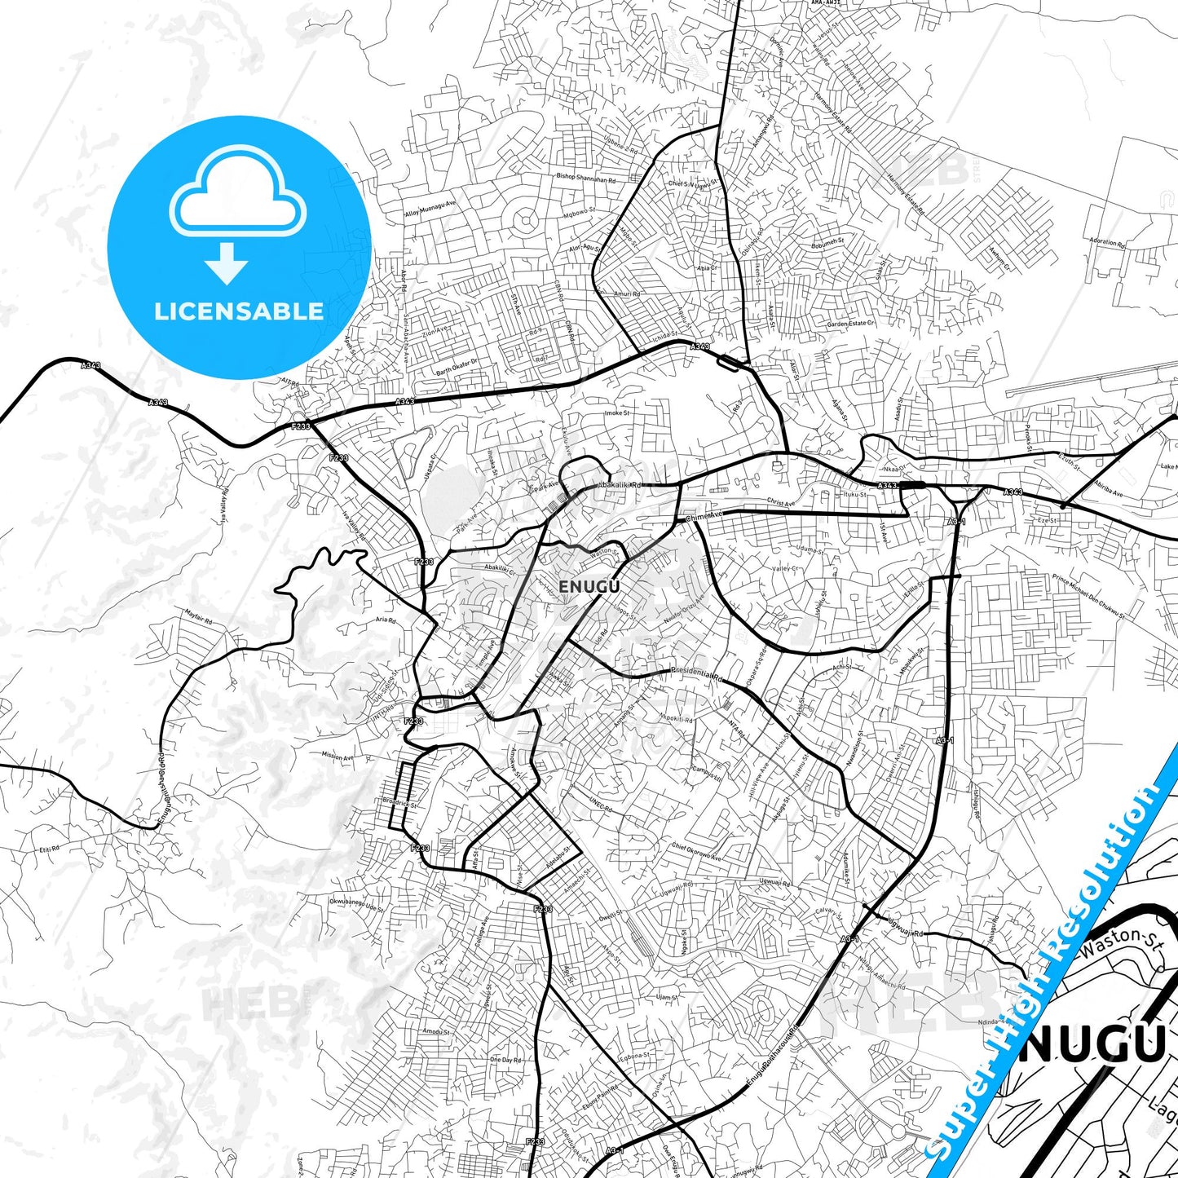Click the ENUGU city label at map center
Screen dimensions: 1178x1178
tap(589, 586)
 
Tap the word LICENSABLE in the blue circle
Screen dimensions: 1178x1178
tap(239, 311)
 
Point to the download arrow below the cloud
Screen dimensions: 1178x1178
tap(227, 263)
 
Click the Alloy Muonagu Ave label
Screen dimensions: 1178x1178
tap(431, 210)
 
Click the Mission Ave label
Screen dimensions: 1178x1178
tap(338, 757)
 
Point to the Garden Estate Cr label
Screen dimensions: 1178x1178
tap(850, 324)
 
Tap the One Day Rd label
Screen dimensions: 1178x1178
tap(505, 1060)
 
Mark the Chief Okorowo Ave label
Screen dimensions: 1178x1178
tap(696, 852)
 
